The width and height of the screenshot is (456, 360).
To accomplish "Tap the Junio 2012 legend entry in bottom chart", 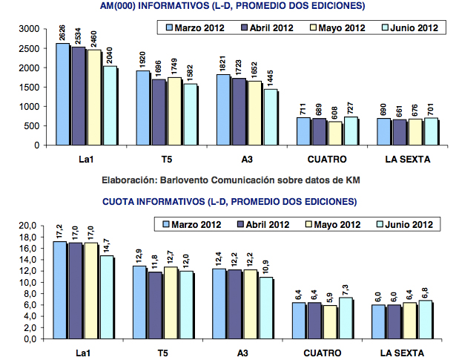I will coord(406,225).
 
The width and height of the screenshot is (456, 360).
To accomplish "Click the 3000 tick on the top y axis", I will coord(29,29).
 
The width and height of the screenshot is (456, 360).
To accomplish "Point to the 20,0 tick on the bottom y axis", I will coord(27,226).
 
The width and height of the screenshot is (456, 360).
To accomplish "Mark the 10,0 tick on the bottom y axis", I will coord(27,282).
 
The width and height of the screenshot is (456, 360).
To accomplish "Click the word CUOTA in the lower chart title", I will coord(119,201).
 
